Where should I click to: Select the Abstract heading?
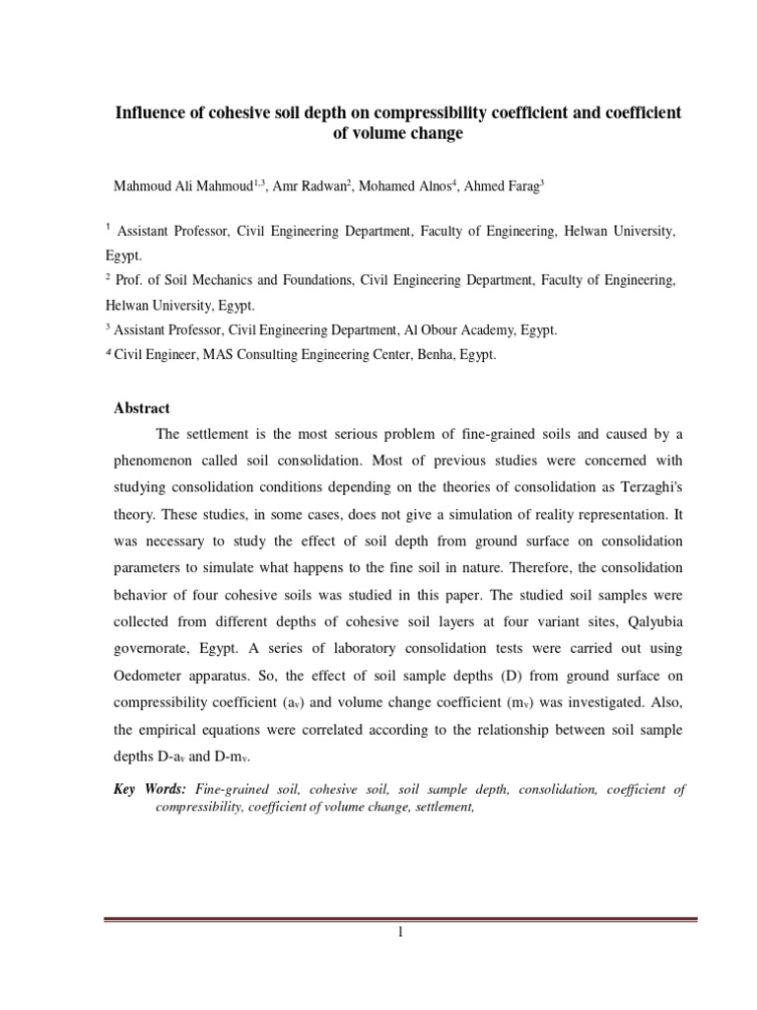[x=142, y=407]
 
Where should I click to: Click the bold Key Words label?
[x=149, y=789]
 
